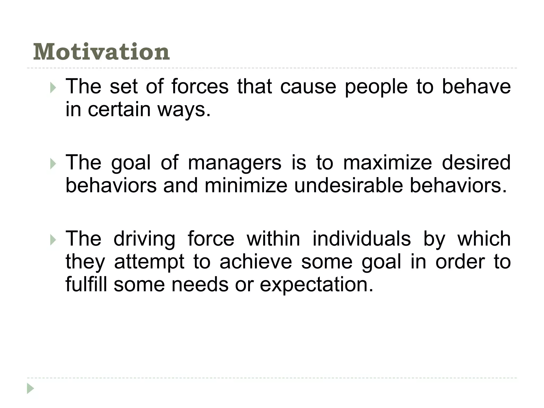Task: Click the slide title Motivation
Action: click(x=101, y=52)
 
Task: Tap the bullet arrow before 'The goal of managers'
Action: click(x=53, y=164)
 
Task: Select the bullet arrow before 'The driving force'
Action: click(x=53, y=240)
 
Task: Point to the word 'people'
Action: click(x=376, y=87)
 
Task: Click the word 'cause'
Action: click(x=308, y=87)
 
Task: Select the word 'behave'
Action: click(x=476, y=87)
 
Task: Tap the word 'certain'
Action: click(x=119, y=109)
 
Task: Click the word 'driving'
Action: click(x=144, y=239)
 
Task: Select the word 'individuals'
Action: click(x=362, y=239)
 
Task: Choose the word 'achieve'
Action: click(x=256, y=262)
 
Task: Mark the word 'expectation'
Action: click(x=316, y=285)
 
